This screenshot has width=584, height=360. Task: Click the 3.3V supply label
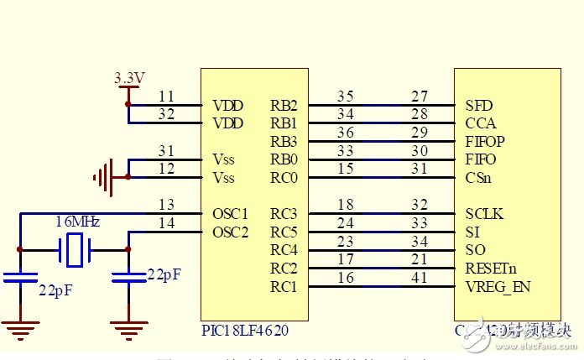click(x=129, y=78)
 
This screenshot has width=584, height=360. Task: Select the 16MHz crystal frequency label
click(x=78, y=222)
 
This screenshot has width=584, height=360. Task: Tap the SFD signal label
click(x=478, y=106)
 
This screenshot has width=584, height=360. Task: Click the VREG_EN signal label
click(x=498, y=287)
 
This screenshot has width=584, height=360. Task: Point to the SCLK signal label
click(x=483, y=214)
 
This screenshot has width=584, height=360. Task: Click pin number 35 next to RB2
click(x=346, y=96)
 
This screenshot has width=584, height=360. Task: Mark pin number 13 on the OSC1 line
click(x=166, y=204)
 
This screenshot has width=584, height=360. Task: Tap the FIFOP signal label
click(x=485, y=142)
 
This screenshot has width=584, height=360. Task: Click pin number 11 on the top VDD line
click(x=166, y=96)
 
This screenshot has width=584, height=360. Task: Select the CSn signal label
click(x=478, y=178)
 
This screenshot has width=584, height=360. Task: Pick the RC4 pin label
click(x=283, y=250)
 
